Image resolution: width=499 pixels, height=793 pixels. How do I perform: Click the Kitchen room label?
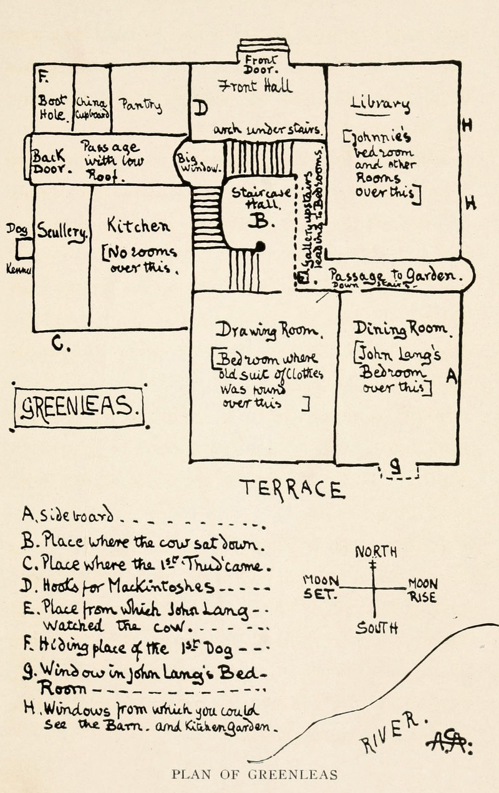tap(138, 225)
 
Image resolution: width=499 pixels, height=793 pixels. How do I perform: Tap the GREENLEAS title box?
tap(79, 409)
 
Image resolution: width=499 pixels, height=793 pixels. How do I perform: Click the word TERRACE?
tap(291, 489)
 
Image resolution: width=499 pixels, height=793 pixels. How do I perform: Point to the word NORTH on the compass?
tap(376, 552)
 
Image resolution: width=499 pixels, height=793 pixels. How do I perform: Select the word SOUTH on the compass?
tap(377, 628)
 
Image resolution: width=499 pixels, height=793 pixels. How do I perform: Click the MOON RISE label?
tap(423, 590)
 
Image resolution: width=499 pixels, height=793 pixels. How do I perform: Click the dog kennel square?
tap(24, 250)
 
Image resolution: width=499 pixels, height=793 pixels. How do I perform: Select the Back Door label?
tap(49, 162)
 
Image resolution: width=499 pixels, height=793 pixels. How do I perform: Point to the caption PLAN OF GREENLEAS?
tap(254, 775)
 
